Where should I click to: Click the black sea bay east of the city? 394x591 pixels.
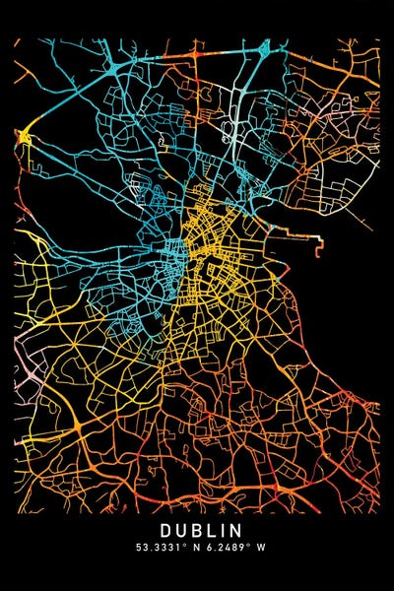click(x=340, y=315)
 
